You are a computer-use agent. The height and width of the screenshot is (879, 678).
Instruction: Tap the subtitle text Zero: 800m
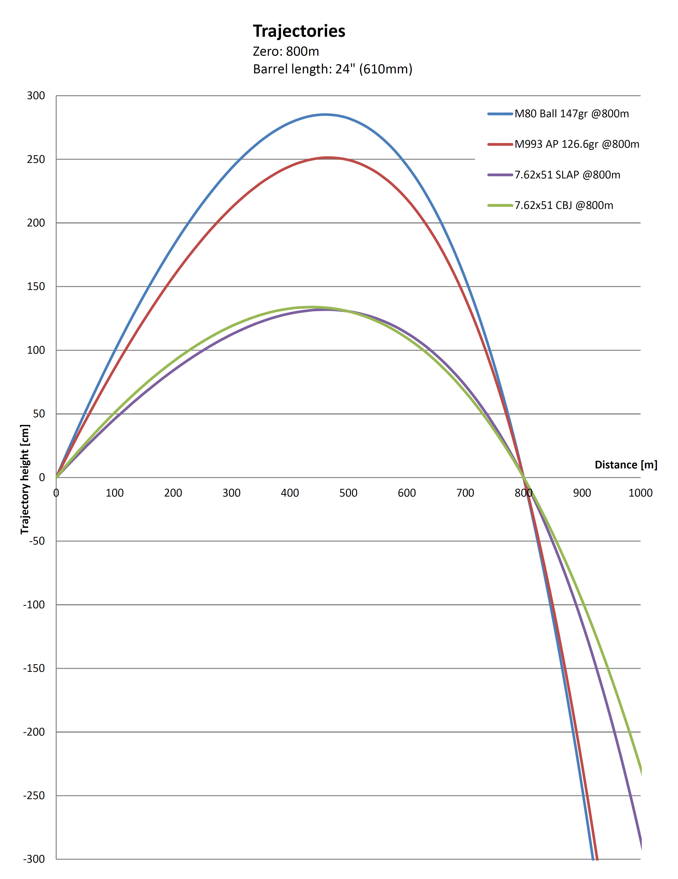point(286,52)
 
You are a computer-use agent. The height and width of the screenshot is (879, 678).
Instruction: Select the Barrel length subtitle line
point(333,69)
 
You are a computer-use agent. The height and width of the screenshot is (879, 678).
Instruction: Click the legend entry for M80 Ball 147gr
point(571,114)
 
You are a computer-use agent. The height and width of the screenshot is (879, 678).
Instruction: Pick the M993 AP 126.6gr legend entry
point(576,144)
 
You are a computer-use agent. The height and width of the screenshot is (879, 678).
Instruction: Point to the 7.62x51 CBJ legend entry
point(564,205)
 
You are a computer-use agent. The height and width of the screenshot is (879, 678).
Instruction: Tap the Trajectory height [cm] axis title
point(25,479)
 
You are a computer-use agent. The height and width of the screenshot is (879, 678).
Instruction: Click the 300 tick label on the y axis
point(36,96)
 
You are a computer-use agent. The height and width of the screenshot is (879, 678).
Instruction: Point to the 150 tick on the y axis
point(36,287)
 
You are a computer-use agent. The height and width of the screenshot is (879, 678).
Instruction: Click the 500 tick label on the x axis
point(348,493)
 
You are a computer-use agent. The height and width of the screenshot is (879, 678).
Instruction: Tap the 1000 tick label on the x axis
point(640,493)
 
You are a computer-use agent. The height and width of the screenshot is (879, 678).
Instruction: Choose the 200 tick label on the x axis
point(173,493)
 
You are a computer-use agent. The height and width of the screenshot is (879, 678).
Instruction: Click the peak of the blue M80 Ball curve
point(325,115)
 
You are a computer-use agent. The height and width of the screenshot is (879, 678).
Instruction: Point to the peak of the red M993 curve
point(328,158)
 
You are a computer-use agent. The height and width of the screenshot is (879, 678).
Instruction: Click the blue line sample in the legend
point(500,114)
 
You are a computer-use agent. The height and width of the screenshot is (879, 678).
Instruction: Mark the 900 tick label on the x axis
point(582,493)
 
